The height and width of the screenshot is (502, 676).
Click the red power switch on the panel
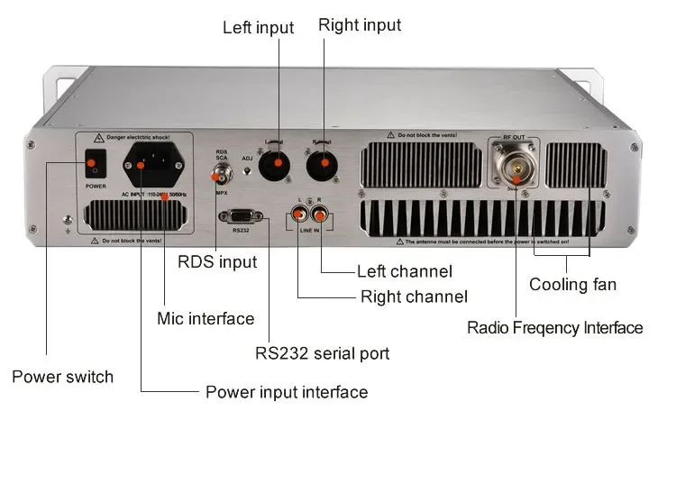click(x=90, y=165)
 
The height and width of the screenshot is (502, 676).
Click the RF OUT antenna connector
click(x=516, y=160)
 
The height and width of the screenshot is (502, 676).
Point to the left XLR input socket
click(x=277, y=165)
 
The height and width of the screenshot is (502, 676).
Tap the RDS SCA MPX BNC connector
click(x=221, y=174)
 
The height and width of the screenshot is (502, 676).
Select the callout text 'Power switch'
click(x=63, y=377)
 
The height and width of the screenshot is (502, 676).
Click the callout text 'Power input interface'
click(x=287, y=392)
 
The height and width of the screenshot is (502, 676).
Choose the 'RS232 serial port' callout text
click(x=323, y=353)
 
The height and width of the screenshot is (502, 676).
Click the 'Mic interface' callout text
click(x=206, y=318)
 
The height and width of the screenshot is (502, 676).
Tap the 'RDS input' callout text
click(x=217, y=262)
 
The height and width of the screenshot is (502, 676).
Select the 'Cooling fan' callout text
click(x=573, y=285)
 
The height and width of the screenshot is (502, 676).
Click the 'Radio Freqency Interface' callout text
click(x=554, y=327)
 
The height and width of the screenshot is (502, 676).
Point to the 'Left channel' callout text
click(x=405, y=271)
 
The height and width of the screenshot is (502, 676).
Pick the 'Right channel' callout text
click(x=414, y=297)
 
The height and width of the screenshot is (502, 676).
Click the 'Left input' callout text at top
click(x=258, y=28)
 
